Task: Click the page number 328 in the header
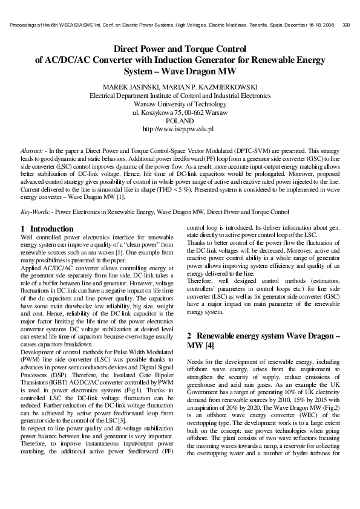347,25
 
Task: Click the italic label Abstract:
31,149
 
